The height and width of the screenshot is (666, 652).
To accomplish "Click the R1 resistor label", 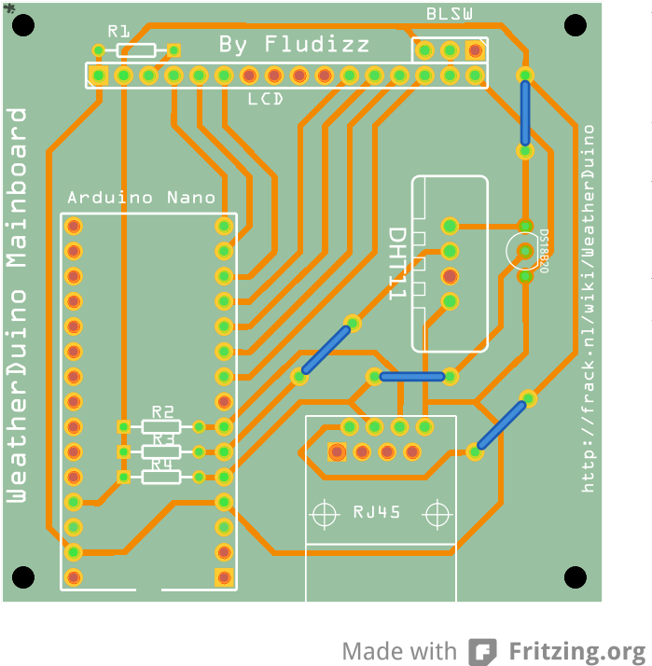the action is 118,32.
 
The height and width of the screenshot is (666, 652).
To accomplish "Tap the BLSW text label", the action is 450,14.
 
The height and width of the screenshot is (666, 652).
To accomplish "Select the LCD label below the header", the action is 266,99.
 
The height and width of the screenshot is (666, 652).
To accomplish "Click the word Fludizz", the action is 317,44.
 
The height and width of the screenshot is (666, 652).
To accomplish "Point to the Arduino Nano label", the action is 142,198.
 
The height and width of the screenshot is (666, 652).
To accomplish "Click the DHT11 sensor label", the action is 398,263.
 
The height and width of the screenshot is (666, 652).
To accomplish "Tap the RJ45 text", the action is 377,512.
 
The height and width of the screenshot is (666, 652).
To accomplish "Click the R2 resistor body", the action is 161,426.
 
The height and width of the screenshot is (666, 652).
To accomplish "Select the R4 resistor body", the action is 161,477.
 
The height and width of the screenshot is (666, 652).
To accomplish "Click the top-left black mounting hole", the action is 23,25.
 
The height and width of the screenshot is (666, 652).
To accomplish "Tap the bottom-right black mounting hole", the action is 576,577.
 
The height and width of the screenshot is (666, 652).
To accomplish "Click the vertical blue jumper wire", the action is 525,113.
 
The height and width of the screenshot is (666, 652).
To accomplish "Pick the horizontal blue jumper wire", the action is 412,376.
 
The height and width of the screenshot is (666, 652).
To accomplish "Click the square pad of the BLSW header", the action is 475,50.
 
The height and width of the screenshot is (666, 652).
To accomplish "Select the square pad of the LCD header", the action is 99,76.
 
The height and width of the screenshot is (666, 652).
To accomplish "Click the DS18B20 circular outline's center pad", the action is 525,251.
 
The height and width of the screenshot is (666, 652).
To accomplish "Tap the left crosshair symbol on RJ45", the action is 325,514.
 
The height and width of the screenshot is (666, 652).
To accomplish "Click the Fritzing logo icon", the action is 483,651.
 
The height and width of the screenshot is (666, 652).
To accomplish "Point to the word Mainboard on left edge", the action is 17,187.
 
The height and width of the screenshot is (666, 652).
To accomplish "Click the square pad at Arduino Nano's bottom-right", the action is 224,577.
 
